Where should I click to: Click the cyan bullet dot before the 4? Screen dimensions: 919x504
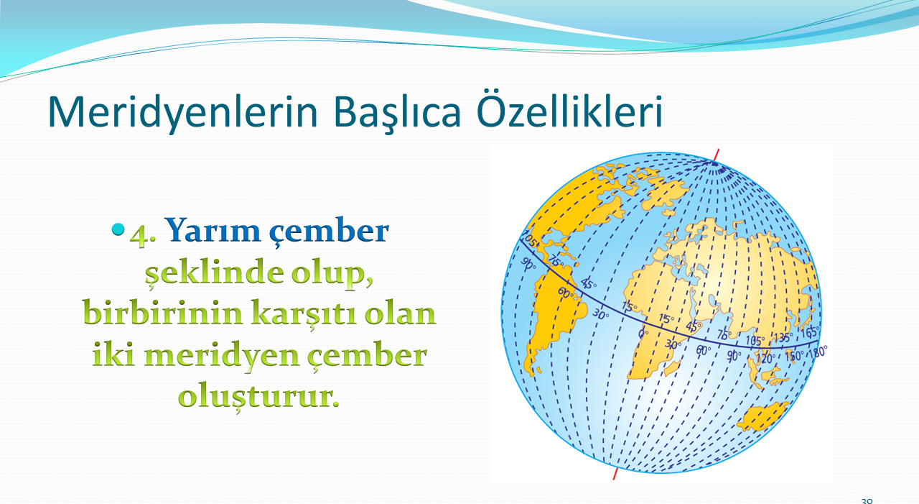pyautogui.click(x=118, y=229)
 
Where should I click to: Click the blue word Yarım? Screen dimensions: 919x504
pyautogui.click(x=213, y=230)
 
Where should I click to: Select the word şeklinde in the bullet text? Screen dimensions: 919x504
pyautogui.click(x=214, y=272)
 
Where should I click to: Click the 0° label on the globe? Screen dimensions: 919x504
pyautogui.click(x=643, y=334)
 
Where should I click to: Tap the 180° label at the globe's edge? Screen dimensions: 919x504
pyautogui.click(x=818, y=352)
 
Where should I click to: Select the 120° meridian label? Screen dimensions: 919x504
pyautogui.click(x=765, y=359)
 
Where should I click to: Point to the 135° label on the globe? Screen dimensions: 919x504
pyautogui.click(x=783, y=338)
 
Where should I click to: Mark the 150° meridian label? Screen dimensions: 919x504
pyautogui.click(x=794, y=356)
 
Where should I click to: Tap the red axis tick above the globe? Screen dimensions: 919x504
pyautogui.click(x=716, y=156)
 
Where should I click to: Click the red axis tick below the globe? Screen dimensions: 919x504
pyautogui.click(x=615, y=474)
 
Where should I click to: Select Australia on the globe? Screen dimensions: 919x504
pyautogui.click(x=762, y=416)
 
